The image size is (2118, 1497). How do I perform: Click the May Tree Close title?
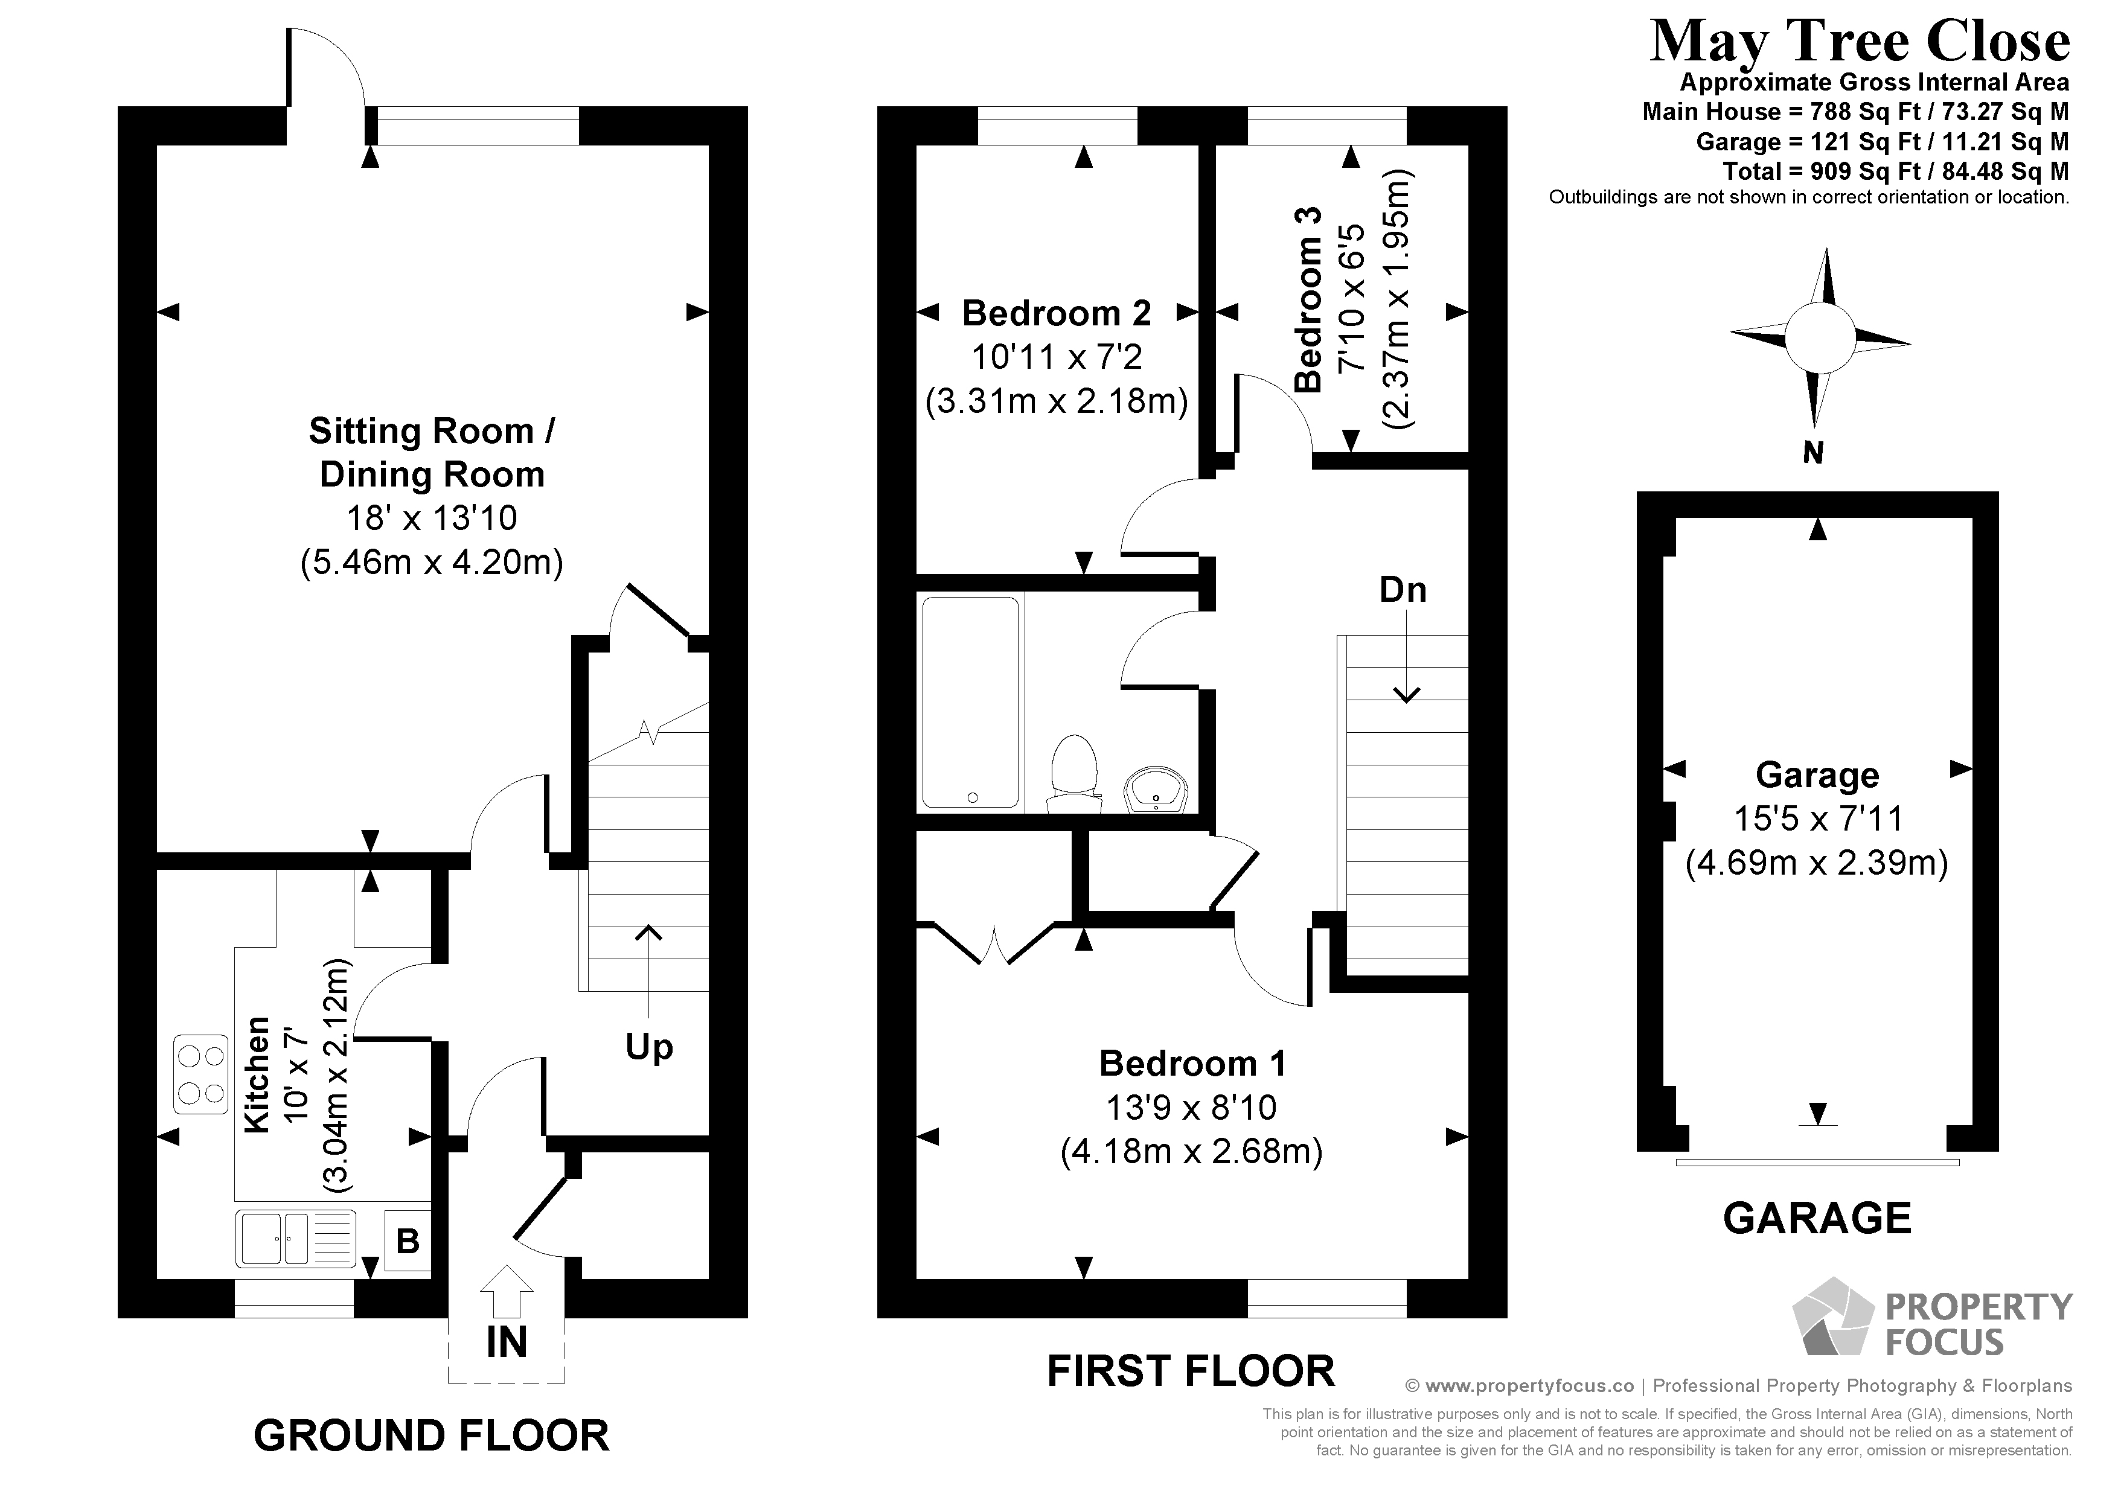click(1859, 42)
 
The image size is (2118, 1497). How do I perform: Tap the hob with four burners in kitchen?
click(201, 1074)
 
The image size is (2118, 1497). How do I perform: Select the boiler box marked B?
click(407, 1240)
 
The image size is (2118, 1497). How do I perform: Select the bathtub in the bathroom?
click(970, 702)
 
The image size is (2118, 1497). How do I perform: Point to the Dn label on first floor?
click(1402, 589)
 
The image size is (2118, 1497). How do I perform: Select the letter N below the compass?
click(1812, 453)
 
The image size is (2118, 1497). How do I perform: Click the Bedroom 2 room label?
click(1056, 314)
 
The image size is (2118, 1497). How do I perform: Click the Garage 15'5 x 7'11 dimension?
click(1816, 818)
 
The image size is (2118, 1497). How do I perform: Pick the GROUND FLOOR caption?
click(431, 1436)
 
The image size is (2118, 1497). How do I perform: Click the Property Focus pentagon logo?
click(1832, 1317)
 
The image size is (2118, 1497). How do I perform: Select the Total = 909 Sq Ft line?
click(1895, 171)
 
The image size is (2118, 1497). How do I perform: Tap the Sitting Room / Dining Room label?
click(432, 452)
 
